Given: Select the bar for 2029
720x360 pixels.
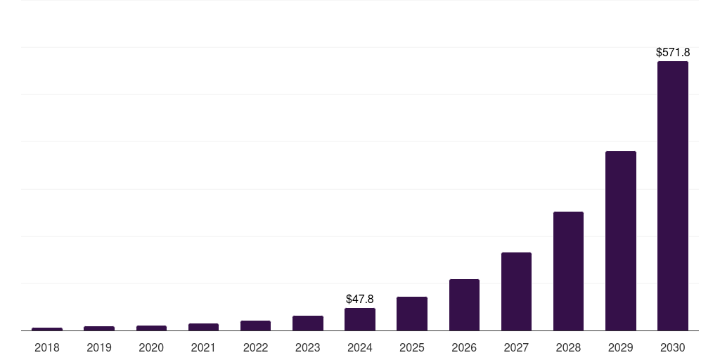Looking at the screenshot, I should (x=620, y=240).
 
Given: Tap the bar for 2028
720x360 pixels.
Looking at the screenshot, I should (x=568, y=271).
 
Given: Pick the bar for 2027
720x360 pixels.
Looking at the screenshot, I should (x=516, y=291).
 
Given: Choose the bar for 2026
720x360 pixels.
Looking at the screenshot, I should (x=464, y=304).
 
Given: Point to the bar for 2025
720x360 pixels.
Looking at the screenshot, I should (x=412, y=314).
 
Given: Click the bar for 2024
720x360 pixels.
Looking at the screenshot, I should (x=360, y=319).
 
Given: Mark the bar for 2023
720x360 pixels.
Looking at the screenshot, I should (x=308, y=323).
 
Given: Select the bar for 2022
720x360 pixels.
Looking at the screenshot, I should (x=255, y=326).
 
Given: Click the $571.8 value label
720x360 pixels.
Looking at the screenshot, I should (x=672, y=52).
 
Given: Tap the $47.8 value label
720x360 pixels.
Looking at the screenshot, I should (x=360, y=299).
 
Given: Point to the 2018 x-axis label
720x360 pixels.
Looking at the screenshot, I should (x=47, y=347).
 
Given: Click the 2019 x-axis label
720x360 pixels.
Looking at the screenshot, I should (x=99, y=347).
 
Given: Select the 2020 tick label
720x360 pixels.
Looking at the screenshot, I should (x=151, y=347).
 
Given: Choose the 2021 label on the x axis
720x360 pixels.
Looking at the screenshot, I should (x=203, y=347).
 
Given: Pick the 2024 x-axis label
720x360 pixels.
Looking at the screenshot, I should (x=360, y=347).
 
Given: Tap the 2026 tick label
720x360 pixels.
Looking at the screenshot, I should (x=464, y=347).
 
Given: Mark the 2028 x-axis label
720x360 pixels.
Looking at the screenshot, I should (x=568, y=347).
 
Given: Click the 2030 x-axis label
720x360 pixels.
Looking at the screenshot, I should (x=672, y=347).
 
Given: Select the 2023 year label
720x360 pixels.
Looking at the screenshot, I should (x=308, y=347).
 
